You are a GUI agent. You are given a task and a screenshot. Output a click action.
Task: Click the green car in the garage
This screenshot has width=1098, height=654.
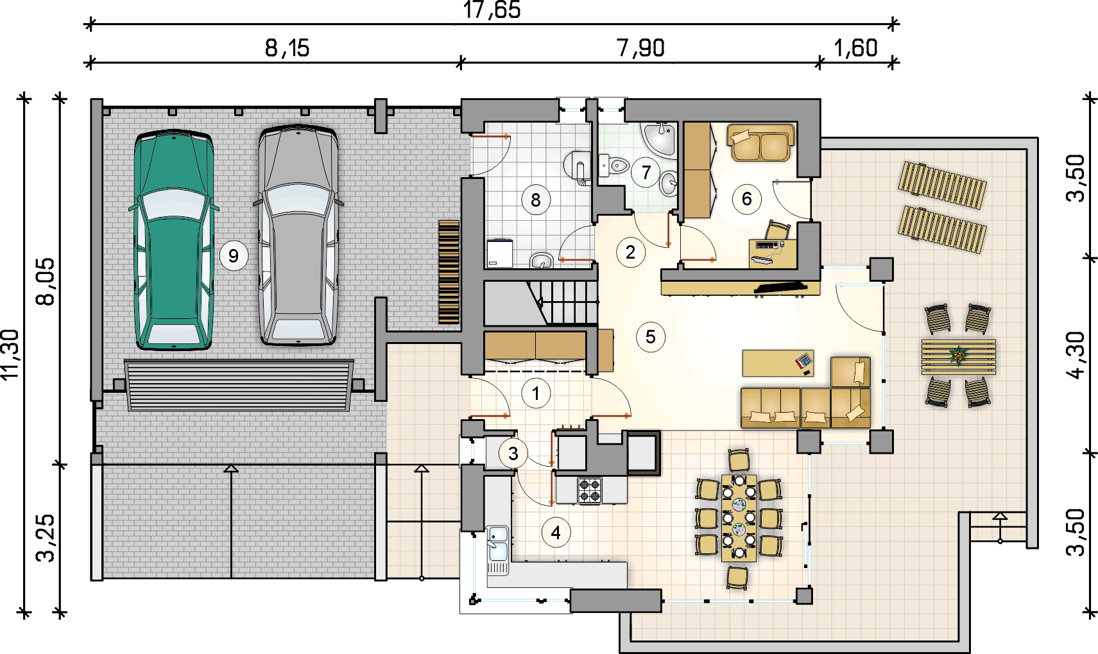(x=174, y=239)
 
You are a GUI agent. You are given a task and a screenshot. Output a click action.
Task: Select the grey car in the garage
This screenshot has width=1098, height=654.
(x=298, y=236)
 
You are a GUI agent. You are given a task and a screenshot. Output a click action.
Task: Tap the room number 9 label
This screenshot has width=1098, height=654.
(x=234, y=255)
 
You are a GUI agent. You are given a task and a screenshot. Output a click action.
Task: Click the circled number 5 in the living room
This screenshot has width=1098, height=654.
(x=651, y=337)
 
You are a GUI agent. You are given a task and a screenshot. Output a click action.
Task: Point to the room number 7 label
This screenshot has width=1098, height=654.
(x=646, y=172)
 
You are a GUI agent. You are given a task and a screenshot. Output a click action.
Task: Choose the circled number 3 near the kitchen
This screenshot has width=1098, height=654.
(x=513, y=454)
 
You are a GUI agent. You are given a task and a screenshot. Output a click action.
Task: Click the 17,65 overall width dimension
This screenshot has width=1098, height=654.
(x=492, y=10)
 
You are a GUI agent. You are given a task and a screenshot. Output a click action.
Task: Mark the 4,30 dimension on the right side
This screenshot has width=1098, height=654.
(x=1076, y=355)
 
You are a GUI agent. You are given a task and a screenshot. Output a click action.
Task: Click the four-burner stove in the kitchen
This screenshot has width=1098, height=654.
(x=589, y=490)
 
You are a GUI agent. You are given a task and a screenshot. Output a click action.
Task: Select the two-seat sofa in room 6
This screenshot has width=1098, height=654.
(x=760, y=143)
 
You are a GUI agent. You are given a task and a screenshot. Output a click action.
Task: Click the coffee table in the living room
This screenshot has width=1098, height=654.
(x=778, y=363)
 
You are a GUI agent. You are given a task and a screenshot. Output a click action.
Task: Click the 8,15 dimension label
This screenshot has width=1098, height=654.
(x=287, y=49)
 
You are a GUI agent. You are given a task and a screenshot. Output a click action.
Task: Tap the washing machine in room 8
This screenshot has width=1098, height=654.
(x=499, y=254)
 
